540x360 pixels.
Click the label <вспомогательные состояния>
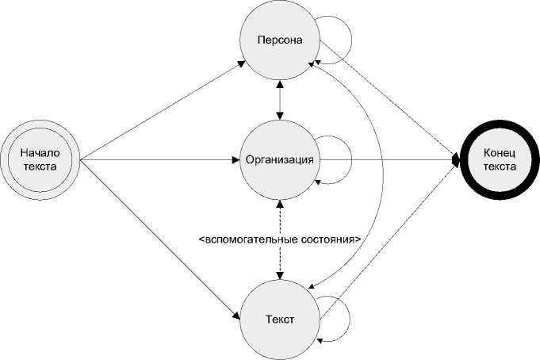(279, 238)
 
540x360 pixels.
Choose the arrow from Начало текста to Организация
(159, 160)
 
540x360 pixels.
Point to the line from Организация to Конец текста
(389, 160)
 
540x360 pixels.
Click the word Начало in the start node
(40, 153)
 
